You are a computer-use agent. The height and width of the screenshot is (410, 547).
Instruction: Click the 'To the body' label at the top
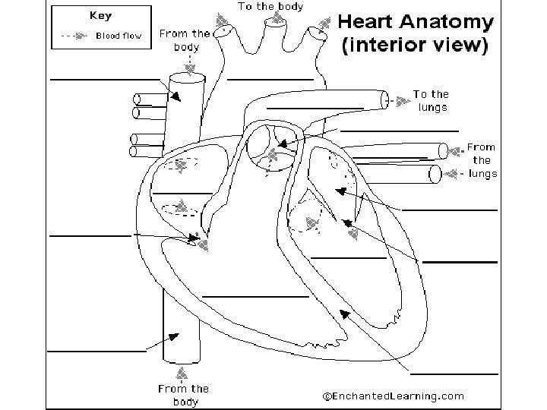click(270, 7)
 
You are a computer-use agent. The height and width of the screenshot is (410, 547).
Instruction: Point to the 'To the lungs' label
click(431, 100)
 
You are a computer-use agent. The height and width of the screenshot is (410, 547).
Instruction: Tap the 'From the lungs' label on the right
click(482, 160)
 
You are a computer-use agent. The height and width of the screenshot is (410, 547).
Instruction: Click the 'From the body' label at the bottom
click(183, 395)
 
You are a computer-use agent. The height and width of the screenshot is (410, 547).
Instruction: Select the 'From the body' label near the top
click(185, 40)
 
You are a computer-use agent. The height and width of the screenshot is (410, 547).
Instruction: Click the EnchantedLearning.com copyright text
click(393, 396)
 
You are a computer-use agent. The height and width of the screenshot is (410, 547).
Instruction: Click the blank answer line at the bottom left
click(97, 352)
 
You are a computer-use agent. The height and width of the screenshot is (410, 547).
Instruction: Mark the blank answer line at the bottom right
click(454, 373)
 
